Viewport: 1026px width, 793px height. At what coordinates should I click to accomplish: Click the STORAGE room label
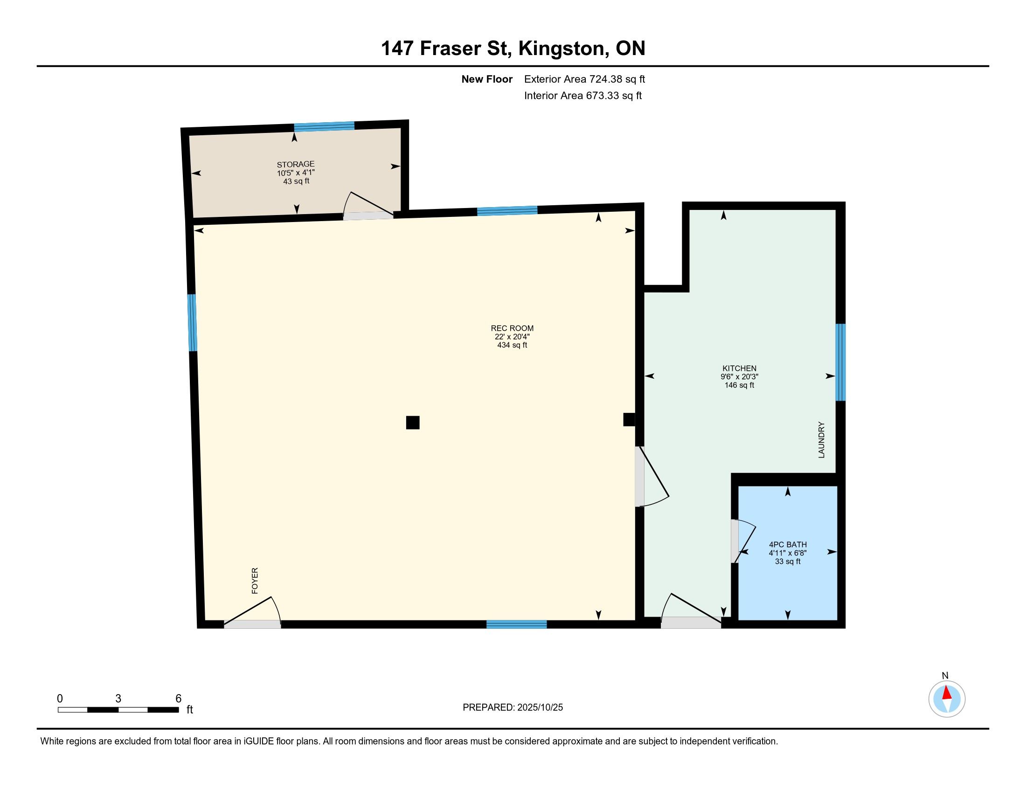coord(296,164)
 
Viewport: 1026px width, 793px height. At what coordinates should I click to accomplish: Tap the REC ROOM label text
coord(512,328)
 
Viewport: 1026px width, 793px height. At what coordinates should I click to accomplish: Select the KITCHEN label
coord(740,369)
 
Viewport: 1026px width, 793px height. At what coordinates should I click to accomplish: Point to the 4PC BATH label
coord(788,544)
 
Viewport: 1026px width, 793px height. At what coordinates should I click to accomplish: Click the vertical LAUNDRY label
coord(821,440)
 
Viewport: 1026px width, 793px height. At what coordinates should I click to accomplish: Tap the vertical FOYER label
coord(255,581)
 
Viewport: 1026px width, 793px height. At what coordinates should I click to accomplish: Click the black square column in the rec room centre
coord(412,422)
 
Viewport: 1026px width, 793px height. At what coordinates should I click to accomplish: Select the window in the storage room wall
coord(324,126)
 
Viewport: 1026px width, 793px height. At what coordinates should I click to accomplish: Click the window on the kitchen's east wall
coord(840,362)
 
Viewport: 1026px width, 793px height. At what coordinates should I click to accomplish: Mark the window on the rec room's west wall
coord(192,323)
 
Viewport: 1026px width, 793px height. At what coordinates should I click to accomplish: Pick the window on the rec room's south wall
coord(517,624)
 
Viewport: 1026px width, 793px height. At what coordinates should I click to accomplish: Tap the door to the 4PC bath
coord(743,541)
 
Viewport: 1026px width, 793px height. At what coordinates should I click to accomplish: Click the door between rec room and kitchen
coord(652,476)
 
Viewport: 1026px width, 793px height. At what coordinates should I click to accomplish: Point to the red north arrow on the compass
coord(947,693)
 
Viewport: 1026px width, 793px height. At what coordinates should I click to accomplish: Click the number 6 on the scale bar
coord(179,699)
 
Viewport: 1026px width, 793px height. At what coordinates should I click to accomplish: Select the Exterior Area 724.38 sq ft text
coord(584,79)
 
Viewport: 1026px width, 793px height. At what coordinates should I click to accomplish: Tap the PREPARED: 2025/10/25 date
coord(513,708)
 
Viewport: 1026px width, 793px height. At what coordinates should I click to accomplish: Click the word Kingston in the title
coord(561,49)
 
